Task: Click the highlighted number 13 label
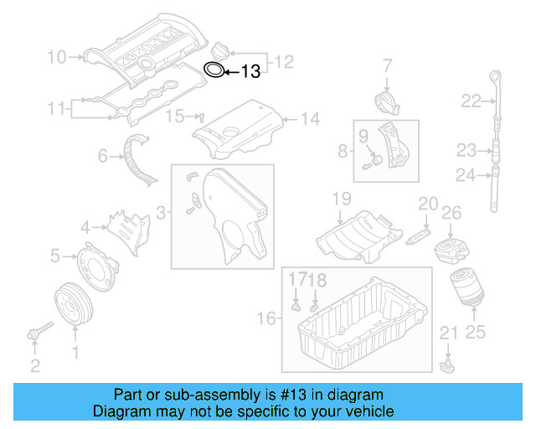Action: [251, 72]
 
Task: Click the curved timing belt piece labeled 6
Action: [138, 158]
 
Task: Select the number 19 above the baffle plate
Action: [340, 199]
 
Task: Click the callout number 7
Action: [387, 65]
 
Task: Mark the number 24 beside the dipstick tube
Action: [466, 175]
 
